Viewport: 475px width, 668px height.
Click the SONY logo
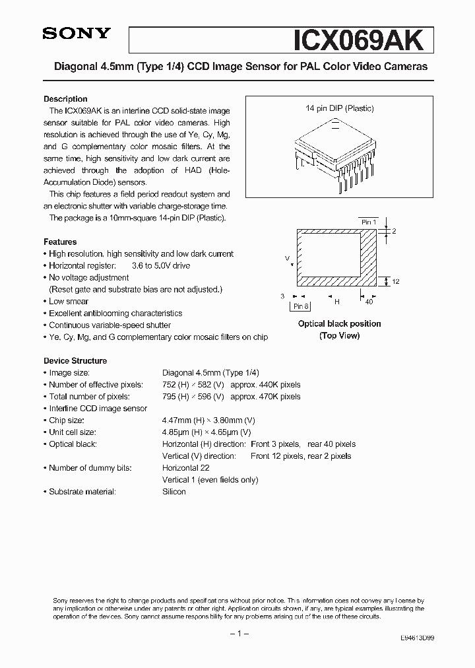[x=77, y=34]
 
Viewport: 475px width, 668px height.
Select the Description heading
[x=65, y=98]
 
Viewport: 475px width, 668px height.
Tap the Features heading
[x=60, y=242]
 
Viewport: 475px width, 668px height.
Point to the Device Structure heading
[x=75, y=360]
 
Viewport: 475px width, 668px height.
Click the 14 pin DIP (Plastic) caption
[x=339, y=108]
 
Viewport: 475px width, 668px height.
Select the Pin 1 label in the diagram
[x=368, y=222]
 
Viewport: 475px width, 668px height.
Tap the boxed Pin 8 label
[x=301, y=306]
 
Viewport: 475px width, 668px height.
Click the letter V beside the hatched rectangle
[x=287, y=258]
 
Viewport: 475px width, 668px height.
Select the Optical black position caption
[x=339, y=323]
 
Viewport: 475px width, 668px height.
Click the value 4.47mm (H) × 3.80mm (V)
[x=208, y=420]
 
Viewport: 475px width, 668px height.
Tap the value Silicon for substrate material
[x=174, y=492]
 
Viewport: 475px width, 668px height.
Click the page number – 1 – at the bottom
[x=237, y=634]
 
